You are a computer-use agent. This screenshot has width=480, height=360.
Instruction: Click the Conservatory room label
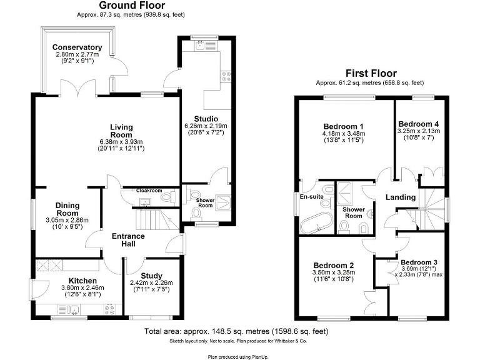[77, 47]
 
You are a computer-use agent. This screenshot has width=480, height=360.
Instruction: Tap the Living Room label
[121, 131]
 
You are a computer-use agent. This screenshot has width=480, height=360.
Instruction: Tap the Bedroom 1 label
[343, 125]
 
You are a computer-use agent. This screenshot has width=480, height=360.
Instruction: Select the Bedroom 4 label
[419, 123]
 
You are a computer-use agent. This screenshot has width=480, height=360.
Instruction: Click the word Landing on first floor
[400, 197]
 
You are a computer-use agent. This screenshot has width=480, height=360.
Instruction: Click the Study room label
[151, 276]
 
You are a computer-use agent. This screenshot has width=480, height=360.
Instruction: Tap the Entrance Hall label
[128, 240]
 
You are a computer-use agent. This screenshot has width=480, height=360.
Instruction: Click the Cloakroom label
[149, 191]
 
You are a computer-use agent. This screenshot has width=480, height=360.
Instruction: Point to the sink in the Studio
[201, 44]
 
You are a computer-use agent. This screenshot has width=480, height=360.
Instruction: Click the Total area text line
[236, 331]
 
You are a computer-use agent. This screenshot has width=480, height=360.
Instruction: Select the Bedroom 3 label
[419, 262]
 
